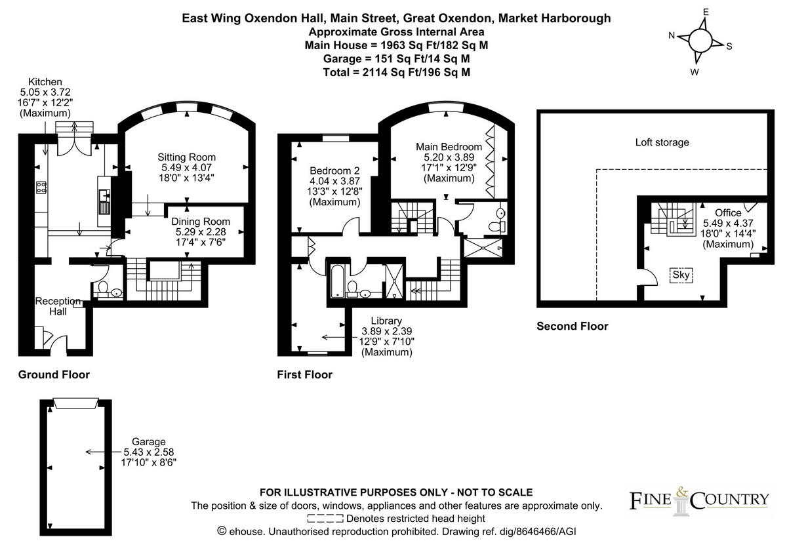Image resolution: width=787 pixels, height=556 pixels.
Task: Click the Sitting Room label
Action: click(186, 157)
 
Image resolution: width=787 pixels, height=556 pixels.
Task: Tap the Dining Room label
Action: click(201, 222)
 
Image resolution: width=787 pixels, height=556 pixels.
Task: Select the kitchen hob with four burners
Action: click(41, 187)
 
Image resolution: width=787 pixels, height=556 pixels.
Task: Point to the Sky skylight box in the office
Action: click(681, 275)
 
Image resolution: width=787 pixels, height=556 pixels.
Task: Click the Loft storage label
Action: click(662, 142)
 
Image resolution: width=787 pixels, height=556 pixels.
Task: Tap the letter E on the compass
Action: click(706, 12)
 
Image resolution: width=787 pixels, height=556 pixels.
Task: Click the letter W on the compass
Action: click(695, 72)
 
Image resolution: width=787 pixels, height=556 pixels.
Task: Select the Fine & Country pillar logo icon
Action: click(681, 502)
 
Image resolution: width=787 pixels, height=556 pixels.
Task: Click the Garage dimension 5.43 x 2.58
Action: click(149, 452)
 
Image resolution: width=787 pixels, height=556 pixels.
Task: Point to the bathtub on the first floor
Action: click(338, 281)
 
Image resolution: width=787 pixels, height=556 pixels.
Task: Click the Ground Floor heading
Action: click(54, 375)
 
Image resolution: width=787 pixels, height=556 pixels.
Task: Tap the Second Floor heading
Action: click(573, 327)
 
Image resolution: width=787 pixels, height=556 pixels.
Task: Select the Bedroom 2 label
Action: click(334, 170)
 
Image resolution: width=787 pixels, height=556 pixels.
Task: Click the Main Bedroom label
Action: click(449, 147)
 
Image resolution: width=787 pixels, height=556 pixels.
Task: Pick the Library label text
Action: click(386, 321)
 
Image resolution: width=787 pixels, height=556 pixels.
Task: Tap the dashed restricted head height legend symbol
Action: click(325, 519)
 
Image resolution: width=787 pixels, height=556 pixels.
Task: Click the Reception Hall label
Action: click(58, 306)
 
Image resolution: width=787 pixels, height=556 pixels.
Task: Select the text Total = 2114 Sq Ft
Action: click(371, 72)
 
